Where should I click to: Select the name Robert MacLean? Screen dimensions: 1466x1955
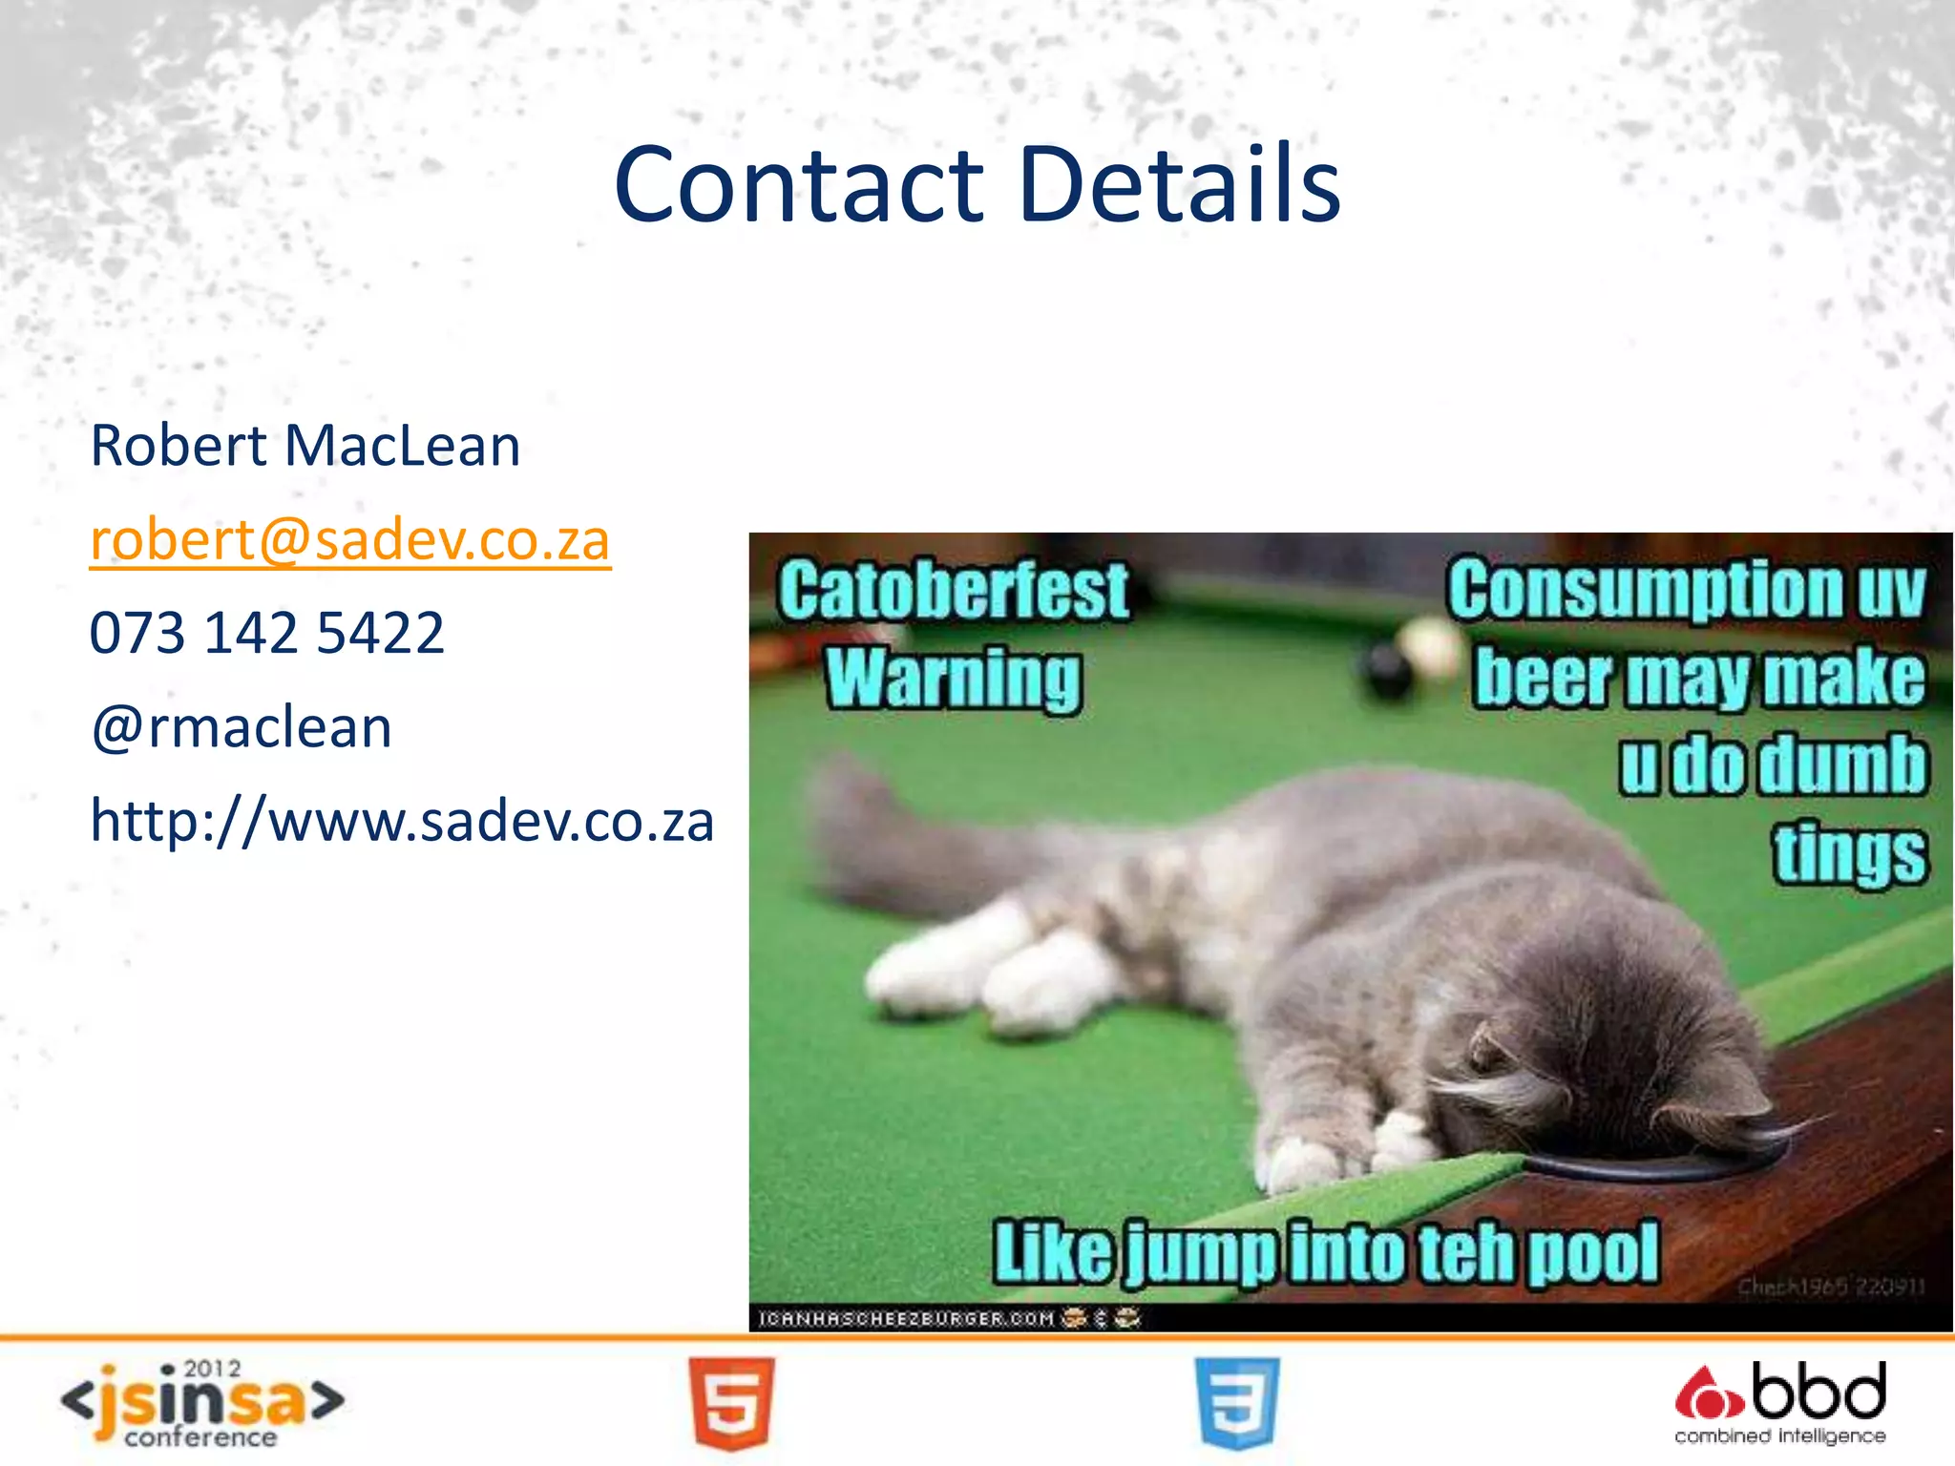pyautogui.click(x=305, y=446)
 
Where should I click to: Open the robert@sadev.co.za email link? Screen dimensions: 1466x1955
pyautogui.click(x=349, y=540)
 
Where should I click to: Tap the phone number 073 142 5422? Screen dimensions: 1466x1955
pyautogui.click(x=267, y=633)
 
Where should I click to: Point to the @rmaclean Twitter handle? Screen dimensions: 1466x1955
pyautogui.click(x=242, y=727)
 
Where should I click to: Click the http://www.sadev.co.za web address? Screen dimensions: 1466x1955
pyautogui.click(x=402, y=821)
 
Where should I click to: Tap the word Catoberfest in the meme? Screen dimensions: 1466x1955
pyautogui.click(x=953, y=592)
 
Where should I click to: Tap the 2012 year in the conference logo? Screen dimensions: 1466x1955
pyautogui.click(x=212, y=1370)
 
